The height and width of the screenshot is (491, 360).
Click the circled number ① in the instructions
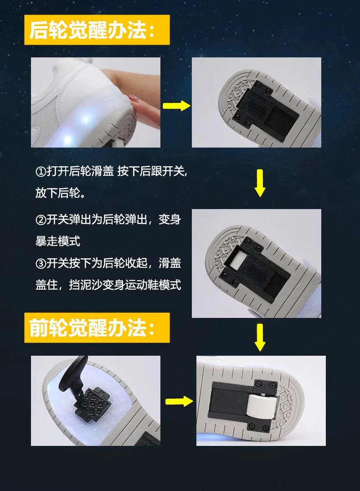41,172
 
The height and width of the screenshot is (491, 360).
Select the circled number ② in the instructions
41,220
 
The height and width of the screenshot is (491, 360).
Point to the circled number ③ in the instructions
41,263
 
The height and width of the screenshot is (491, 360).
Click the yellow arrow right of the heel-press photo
176,106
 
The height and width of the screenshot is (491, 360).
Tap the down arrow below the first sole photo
260,183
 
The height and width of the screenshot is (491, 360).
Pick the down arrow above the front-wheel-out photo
260,338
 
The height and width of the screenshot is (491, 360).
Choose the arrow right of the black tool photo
179,401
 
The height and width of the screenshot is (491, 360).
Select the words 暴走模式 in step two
58,241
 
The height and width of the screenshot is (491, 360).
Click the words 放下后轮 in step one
58,193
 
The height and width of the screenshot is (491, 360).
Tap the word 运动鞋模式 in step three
153,285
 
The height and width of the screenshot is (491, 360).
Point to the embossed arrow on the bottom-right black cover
227,402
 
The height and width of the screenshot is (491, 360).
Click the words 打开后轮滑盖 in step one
80,172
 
